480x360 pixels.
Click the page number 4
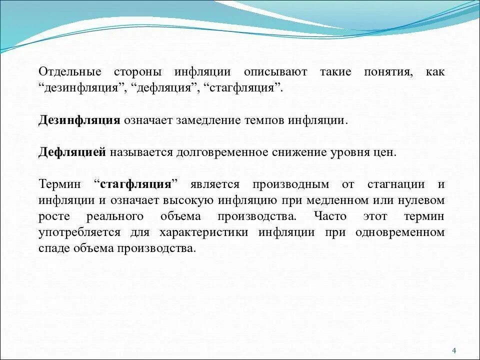pos(453,349)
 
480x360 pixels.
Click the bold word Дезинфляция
pos(79,120)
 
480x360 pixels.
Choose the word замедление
pos(199,120)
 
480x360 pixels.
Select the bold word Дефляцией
pos(72,152)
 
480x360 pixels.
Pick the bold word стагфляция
pos(136,184)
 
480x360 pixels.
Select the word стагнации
pos(396,184)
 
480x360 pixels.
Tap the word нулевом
pos(422,200)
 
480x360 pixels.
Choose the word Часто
pos(330,216)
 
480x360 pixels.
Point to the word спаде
pos(53,248)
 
